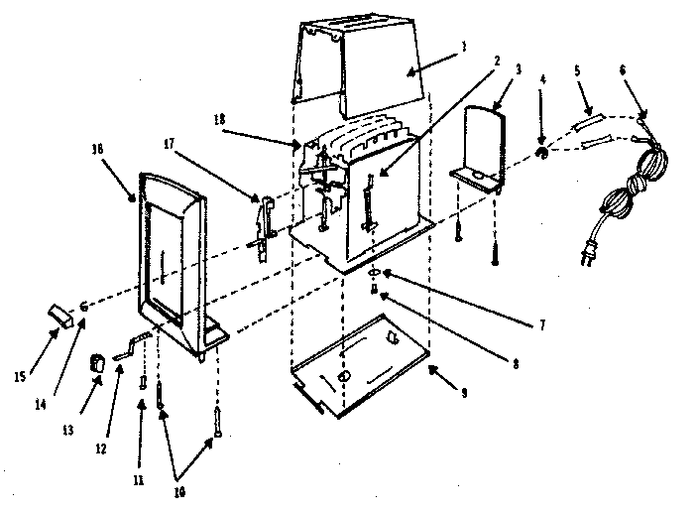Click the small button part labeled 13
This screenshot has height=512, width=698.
(x=99, y=363)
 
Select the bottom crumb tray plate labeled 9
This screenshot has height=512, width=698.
(x=362, y=367)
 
